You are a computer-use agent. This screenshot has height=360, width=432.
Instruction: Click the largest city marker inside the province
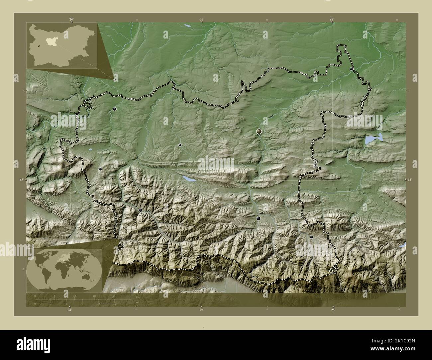pos(259,132)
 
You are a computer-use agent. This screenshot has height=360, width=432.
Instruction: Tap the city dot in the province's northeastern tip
pos(352,69)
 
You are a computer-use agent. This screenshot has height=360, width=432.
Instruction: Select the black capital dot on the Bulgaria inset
pos(39,46)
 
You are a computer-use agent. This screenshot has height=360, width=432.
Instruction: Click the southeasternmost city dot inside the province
pos(311,237)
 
